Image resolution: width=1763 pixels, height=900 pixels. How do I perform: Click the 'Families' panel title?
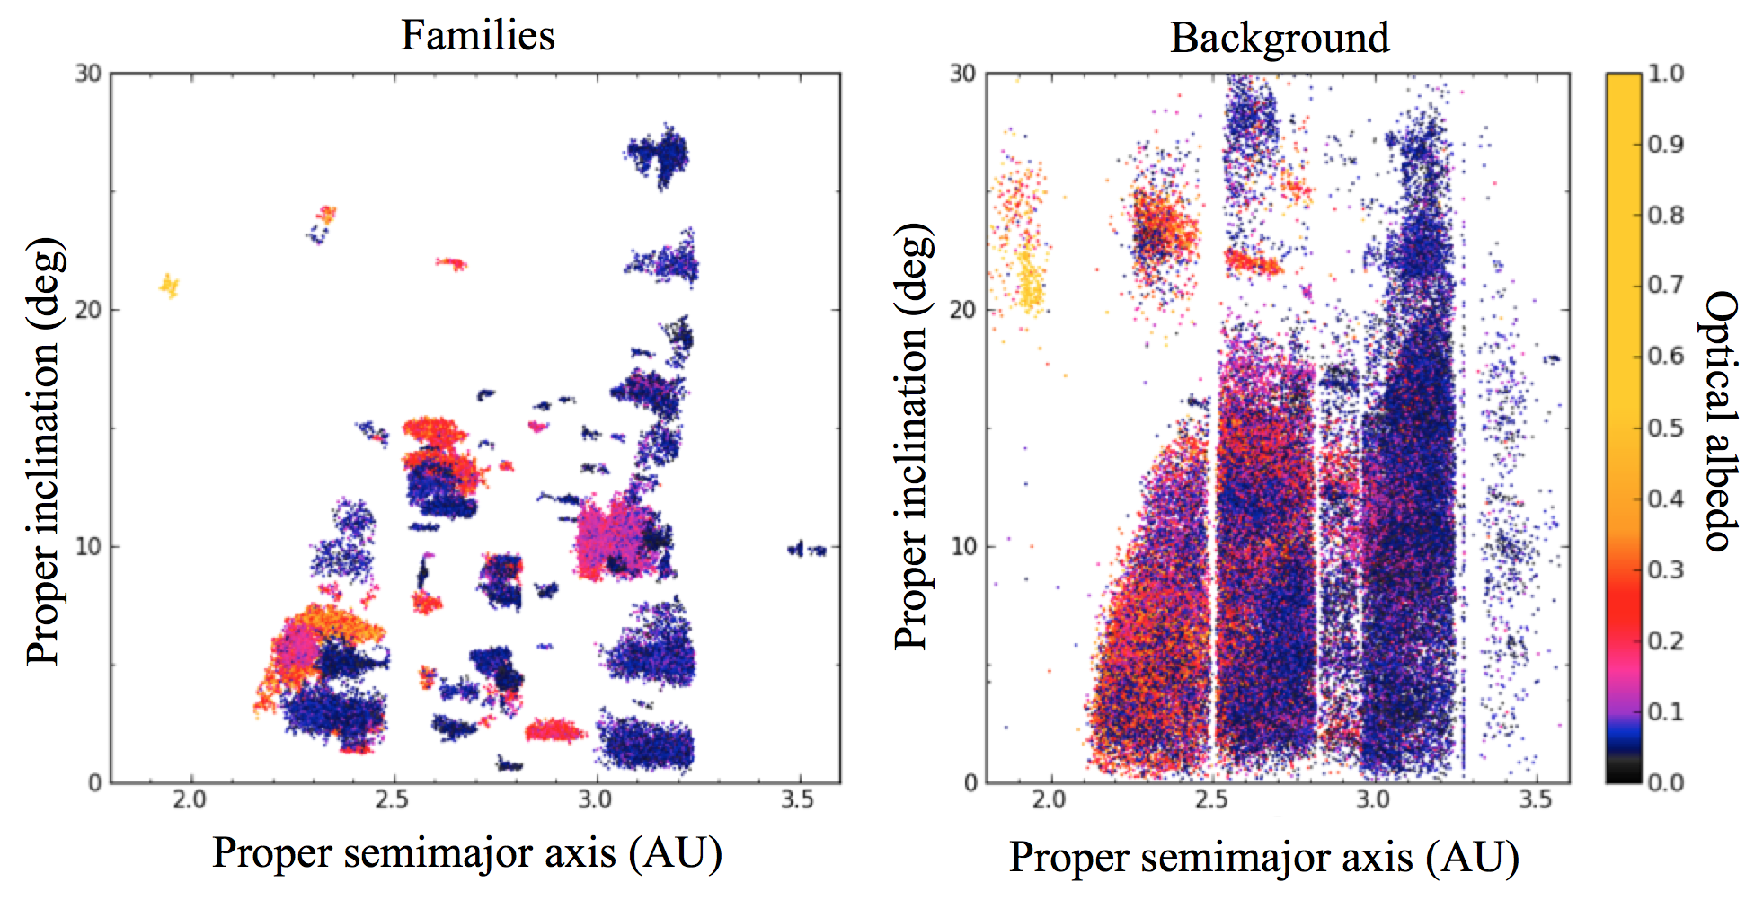point(477,36)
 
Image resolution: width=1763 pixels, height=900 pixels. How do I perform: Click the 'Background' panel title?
point(1280,39)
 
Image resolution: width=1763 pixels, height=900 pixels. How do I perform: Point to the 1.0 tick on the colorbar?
point(1665,74)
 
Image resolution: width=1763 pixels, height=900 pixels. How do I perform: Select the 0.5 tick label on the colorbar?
point(1665,428)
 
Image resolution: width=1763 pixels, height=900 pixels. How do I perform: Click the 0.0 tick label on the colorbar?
point(1665,782)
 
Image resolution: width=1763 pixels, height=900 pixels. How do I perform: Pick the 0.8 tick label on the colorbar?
point(1665,216)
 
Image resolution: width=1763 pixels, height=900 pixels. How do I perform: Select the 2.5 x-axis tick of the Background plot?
point(1211,800)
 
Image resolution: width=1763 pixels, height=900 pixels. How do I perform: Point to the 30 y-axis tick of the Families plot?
point(87,74)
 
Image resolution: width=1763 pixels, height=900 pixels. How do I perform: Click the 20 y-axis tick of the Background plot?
point(962,310)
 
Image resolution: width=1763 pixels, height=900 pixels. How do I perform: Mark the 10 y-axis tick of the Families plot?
point(87,546)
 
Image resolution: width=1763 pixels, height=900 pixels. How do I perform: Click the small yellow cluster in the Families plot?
point(169,287)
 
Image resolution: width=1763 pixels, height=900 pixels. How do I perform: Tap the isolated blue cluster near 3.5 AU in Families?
point(807,550)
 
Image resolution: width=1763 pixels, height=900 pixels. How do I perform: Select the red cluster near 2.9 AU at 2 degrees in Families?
point(554,730)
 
